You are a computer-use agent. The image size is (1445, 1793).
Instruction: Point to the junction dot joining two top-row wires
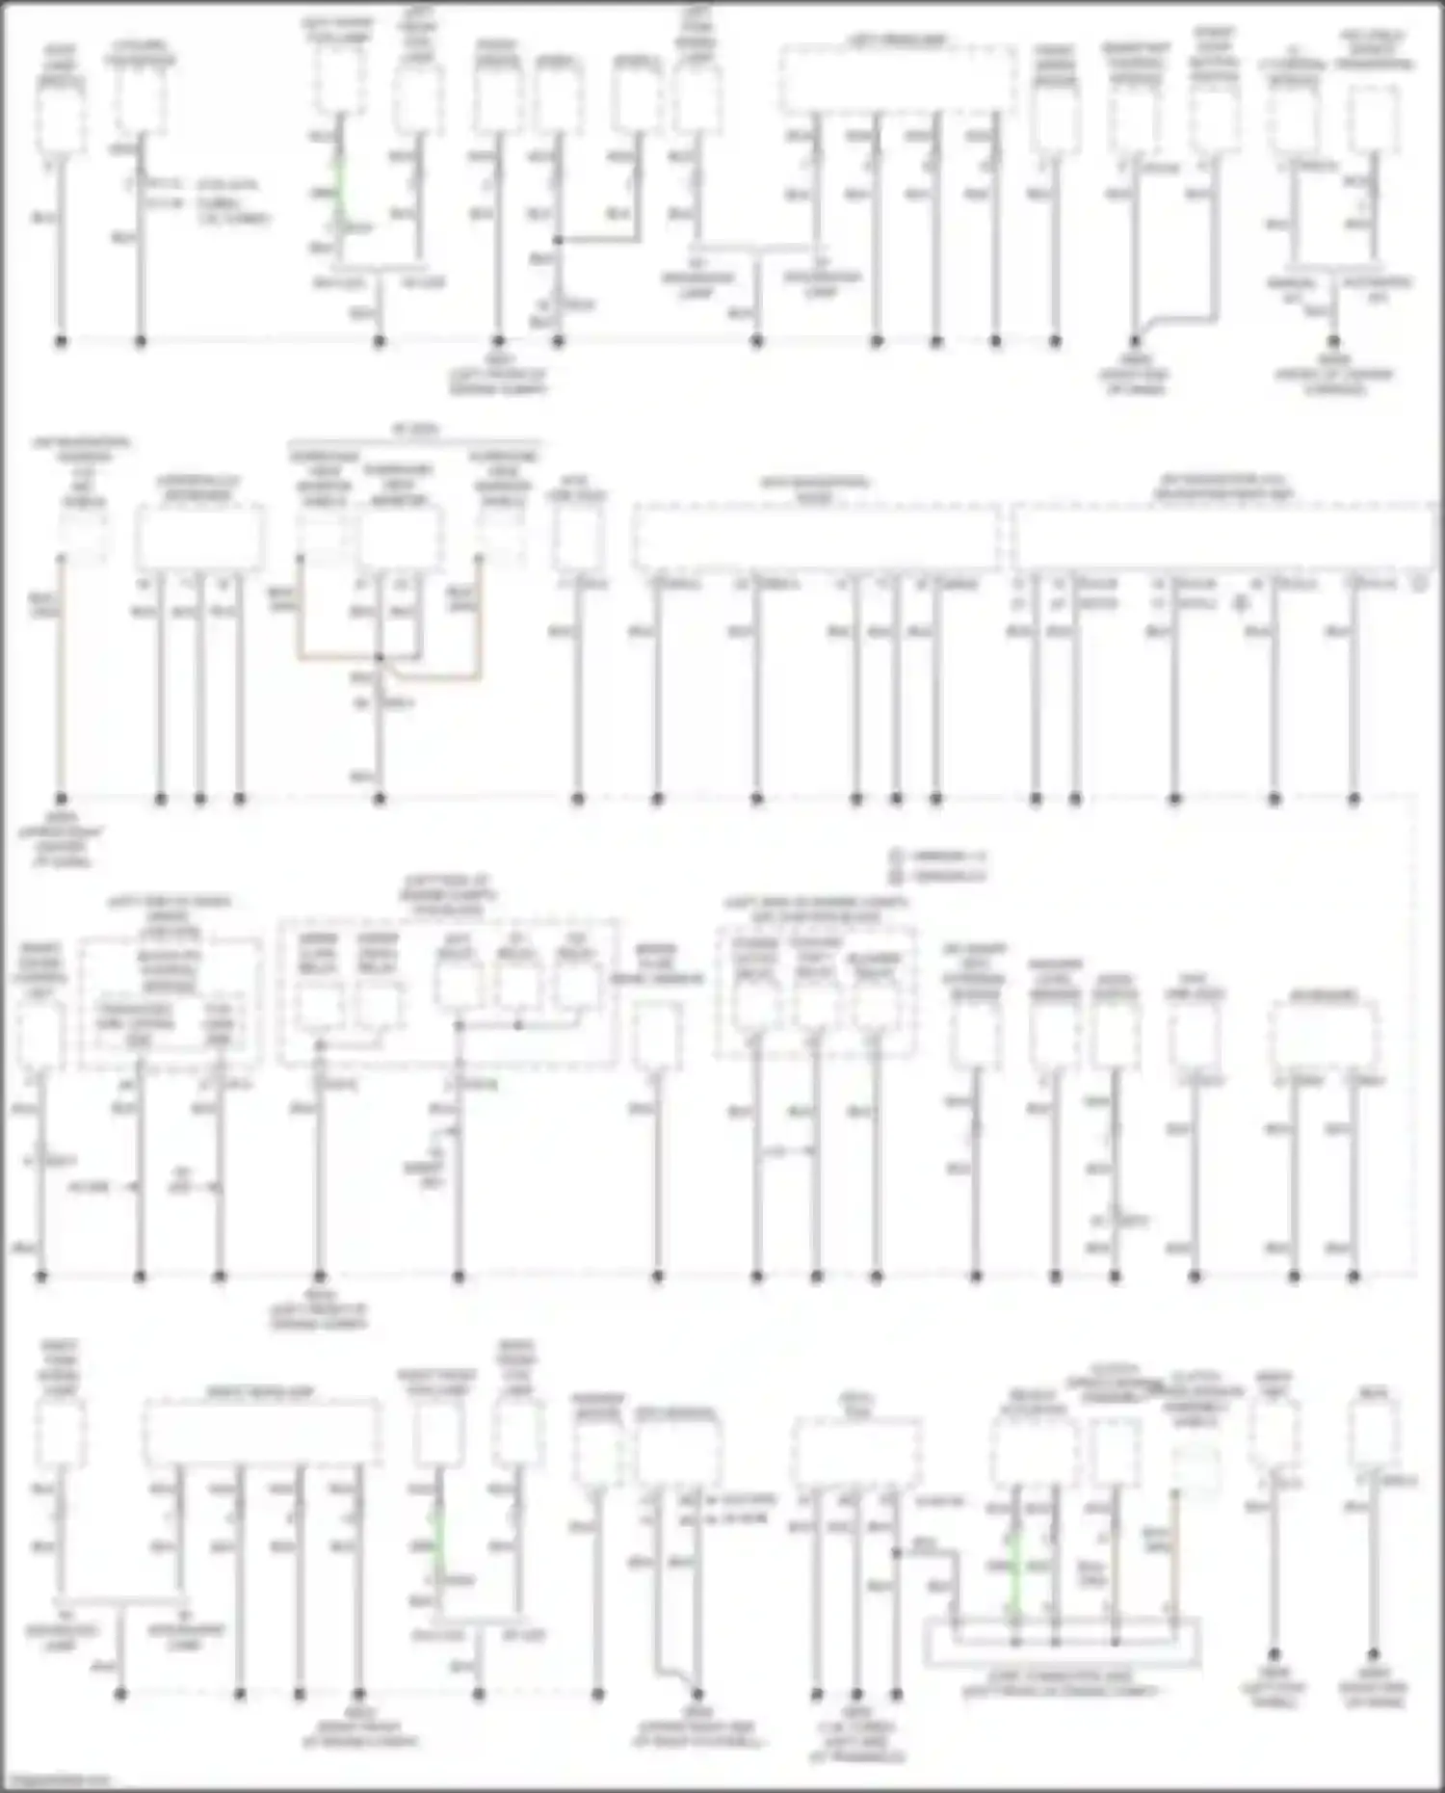[x=558, y=240]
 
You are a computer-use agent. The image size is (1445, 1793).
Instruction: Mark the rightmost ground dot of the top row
[x=1334, y=341]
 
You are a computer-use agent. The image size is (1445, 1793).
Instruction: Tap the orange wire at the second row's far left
[x=61, y=674]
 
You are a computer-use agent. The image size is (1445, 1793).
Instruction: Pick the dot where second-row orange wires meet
[x=380, y=658]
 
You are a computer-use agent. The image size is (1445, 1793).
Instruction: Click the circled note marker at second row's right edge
[x=1419, y=583]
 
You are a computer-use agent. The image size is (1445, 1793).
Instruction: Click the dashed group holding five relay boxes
[x=448, y=992]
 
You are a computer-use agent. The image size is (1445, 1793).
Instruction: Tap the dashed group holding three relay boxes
[x=816, y=992]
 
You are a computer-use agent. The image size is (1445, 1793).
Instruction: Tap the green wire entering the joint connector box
[x=1014, y=1580]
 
